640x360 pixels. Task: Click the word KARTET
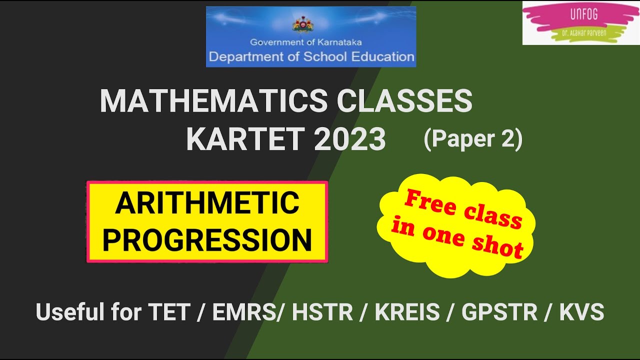(x=244, y=139)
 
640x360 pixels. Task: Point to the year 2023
(x=350, y=139)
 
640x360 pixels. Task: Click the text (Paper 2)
(x=472, y=140)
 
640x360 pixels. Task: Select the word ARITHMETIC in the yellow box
(x=207, y=203)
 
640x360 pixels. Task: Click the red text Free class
(x=463, y=210)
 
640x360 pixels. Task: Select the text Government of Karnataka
(x=305, y=42)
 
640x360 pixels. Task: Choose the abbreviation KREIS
(x=407, y=312)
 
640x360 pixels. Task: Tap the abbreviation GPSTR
(x=499, y=312)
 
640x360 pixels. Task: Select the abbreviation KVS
(x=581, y=312)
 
